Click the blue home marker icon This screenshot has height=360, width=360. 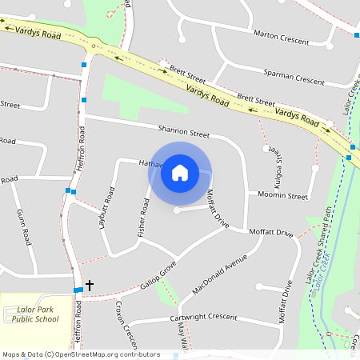tap(180, 172)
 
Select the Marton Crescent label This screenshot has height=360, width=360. tap(281, 34)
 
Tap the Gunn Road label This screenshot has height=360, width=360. tap(24, 226)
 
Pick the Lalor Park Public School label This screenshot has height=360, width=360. tap(35, 314)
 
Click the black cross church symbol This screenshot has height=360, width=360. tap(90, 285)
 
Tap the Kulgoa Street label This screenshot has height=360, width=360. tap(270, 159)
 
